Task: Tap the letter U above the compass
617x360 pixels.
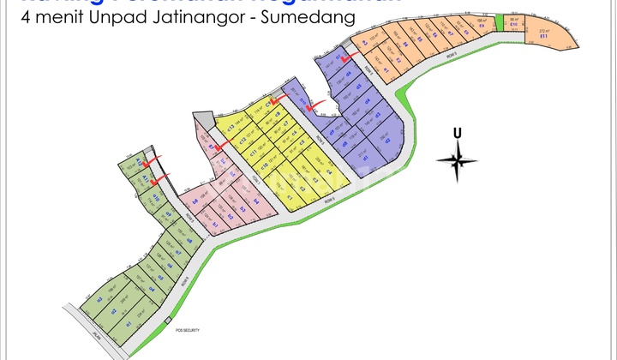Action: coord(458,132)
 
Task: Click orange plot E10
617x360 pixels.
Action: coord(512,23)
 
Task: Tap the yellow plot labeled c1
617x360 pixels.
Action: coord(290,198)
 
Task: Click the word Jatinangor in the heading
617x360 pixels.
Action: coord(190,18)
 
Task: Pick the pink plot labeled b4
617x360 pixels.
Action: coord(195,201)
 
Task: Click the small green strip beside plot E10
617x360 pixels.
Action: coord(499,23)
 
